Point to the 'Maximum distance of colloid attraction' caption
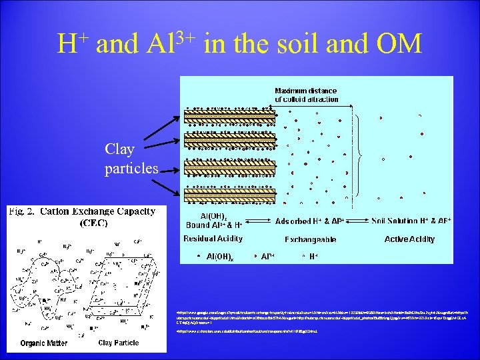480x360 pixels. coord(307,95)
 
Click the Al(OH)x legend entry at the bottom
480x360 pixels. coord(219,256)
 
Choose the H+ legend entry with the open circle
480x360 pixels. coord(310,256)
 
